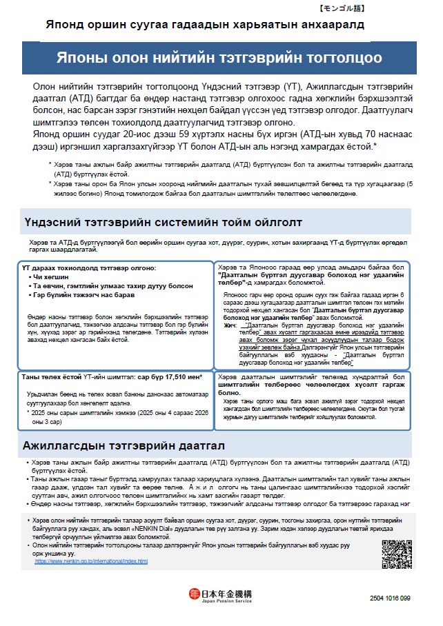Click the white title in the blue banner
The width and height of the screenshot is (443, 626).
[x=224, y=58]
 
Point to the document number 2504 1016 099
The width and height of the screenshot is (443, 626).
[x=390, y=597]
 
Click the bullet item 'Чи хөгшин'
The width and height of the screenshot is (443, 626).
[x=44, y=276]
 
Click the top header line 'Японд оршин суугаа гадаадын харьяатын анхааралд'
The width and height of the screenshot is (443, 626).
[x=205, y=24]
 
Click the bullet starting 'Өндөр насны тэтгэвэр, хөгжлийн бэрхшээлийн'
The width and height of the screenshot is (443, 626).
[x=207, y=503]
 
